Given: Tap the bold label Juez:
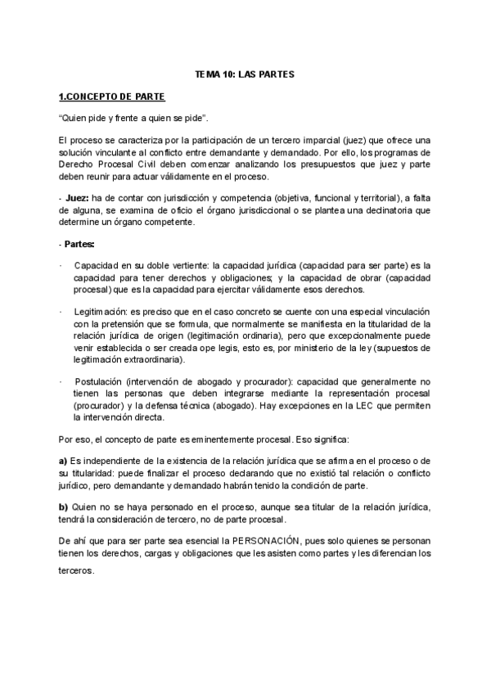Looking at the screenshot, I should tap(77, 197).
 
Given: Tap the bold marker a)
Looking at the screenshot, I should tap(63, 462).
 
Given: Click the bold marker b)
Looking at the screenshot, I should tap(63, 507).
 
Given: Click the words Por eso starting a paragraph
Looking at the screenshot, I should tap(71, 439).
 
